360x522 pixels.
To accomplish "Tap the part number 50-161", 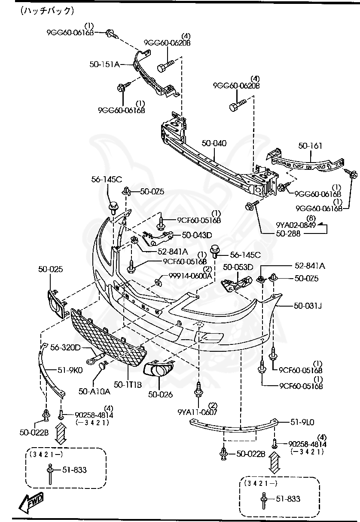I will pos(310,146).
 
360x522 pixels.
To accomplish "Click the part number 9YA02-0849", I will pos(296,225).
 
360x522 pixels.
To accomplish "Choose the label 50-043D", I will pos(197,235).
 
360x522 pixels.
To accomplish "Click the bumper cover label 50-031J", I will pos(308,306).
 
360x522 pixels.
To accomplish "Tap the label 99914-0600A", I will pos(190,276).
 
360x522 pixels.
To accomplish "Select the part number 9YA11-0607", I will pos(198,412).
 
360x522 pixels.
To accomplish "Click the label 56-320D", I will pos(66,347).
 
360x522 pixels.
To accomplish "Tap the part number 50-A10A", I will pos(95,391).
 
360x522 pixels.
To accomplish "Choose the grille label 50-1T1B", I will pos(128,384).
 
